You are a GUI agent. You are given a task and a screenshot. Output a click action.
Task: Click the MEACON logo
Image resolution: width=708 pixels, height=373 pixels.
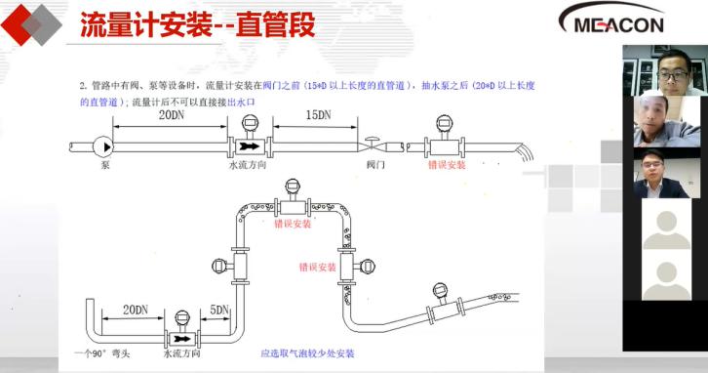pos(610,21)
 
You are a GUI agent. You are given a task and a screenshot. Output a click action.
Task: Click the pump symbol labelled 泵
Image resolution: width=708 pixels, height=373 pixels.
pos(104,146)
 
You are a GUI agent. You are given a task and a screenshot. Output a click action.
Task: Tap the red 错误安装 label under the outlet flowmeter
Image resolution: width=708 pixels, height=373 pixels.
pos(447,165)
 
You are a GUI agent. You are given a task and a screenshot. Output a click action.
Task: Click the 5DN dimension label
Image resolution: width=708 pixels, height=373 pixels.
pos(218,311)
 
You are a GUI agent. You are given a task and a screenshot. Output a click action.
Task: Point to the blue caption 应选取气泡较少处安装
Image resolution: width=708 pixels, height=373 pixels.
pos(307,352)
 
